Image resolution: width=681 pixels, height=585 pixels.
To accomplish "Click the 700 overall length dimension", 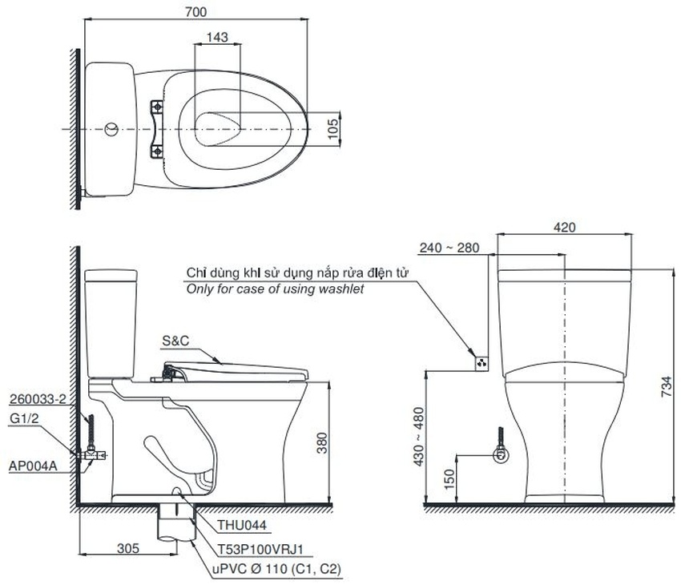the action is [x=195, y=12].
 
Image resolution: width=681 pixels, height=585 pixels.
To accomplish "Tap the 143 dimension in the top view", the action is [x=217, y=38].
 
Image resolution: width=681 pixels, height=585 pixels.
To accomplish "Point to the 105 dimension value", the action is [x=332, y=129].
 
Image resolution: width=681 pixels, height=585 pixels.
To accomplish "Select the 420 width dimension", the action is [x=565, y=227].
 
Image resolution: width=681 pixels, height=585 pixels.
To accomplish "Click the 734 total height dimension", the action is [x=667, y=386].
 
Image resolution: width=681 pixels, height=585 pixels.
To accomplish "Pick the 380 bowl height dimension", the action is [x=322, y=442].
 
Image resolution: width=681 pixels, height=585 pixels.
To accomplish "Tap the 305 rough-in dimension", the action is [x=128, y=548].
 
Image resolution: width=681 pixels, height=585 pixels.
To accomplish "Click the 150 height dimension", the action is [x=450, y=478].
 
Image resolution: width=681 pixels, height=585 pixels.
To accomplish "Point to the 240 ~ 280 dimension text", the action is [x=449, y=248].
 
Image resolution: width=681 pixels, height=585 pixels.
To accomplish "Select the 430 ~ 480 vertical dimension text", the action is [x=419, y=437].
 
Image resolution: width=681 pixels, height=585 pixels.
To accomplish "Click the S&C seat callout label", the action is [x=175, y=341].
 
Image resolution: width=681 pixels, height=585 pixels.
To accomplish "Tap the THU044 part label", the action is [x=242, y=525].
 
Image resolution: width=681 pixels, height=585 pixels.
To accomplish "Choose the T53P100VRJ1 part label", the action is [x=260, y=550].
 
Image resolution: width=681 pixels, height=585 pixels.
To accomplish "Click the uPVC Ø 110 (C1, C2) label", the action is [x=276, y=569].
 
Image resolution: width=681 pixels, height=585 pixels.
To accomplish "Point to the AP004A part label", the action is [x=33, y=466].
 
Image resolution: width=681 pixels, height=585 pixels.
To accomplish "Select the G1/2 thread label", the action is [x=24, y=418].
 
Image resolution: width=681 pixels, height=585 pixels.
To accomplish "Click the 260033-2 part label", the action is [x=38, y=399].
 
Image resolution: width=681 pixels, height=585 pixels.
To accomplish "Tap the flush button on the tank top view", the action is [x=111, y=129].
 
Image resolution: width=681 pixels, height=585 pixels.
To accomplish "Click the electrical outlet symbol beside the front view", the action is [x=482, y=363].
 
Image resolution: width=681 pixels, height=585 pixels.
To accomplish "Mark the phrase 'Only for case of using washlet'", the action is [x=275, y=289].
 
